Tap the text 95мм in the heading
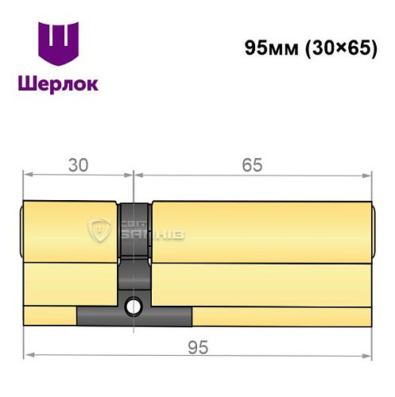click(270, 48)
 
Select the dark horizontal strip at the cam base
click(134, 316)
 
